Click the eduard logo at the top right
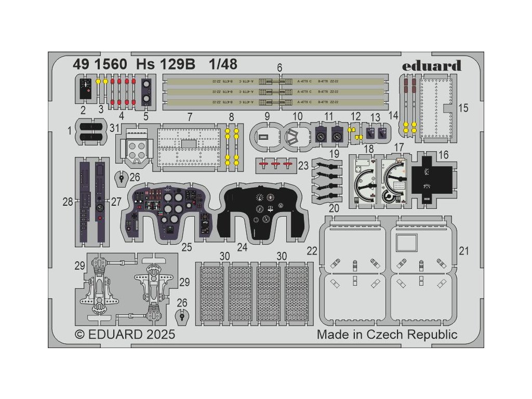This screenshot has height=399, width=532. (x=439, y=65)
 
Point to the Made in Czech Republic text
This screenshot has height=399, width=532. (x=387, y=334)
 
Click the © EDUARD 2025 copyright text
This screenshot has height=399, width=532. (x=125, y=334)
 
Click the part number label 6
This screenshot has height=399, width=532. (x=280, y=68)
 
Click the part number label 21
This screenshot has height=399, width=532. (x=464, y=251)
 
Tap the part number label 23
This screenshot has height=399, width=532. (x=303, y=166)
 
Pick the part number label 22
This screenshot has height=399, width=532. (x=312, y=251)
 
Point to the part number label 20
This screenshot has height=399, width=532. (x=334, y=208)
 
